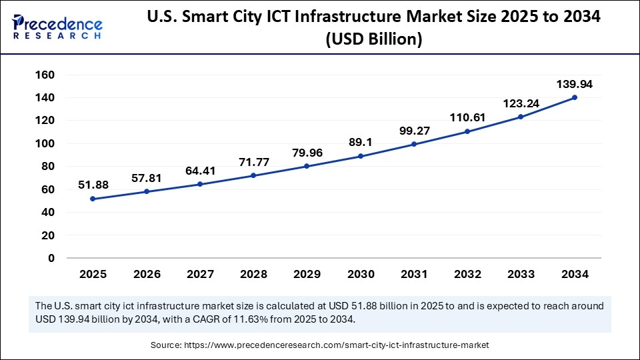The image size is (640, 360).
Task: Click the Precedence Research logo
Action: [x=57, y=26]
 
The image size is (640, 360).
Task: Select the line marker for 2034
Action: [x=575, y=97]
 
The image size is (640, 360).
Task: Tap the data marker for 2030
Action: [x=360, y=156]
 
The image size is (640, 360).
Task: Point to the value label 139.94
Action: [x=575, y=84]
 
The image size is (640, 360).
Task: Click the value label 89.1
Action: [x=360, y=142]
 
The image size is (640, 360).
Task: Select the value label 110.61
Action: [x=467, y=117]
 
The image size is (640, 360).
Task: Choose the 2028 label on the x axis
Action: [x=253, y=274]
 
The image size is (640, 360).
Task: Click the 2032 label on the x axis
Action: [x=467, y=274]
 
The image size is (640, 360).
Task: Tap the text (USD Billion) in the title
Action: [x=373, y=39]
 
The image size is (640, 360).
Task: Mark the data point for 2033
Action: [x=521, y=117]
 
